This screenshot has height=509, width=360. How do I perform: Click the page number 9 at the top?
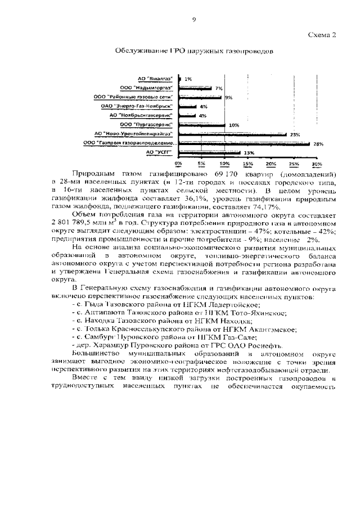[x=193, y=20]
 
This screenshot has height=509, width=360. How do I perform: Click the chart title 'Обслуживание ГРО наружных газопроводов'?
[x=194, y=51]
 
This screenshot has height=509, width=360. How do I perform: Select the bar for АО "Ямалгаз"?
[x=180, y=79]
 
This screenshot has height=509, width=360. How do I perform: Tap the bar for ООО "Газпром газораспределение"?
[x=244, y=143]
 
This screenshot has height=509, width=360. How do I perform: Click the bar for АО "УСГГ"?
[x=209, y=152]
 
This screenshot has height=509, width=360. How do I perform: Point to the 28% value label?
[x=318, y=143]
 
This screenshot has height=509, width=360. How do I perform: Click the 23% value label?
[x=294, y=134]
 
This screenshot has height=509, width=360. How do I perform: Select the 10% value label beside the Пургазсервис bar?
[x=233, y=125]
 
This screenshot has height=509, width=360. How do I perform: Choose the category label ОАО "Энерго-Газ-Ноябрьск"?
[x=144, y=106]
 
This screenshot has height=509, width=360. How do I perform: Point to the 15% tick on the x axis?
[x=247, y=164]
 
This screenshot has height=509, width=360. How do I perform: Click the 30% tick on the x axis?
[x=316, y=164]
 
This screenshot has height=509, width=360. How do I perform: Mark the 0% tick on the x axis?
[x=178, y=164]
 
